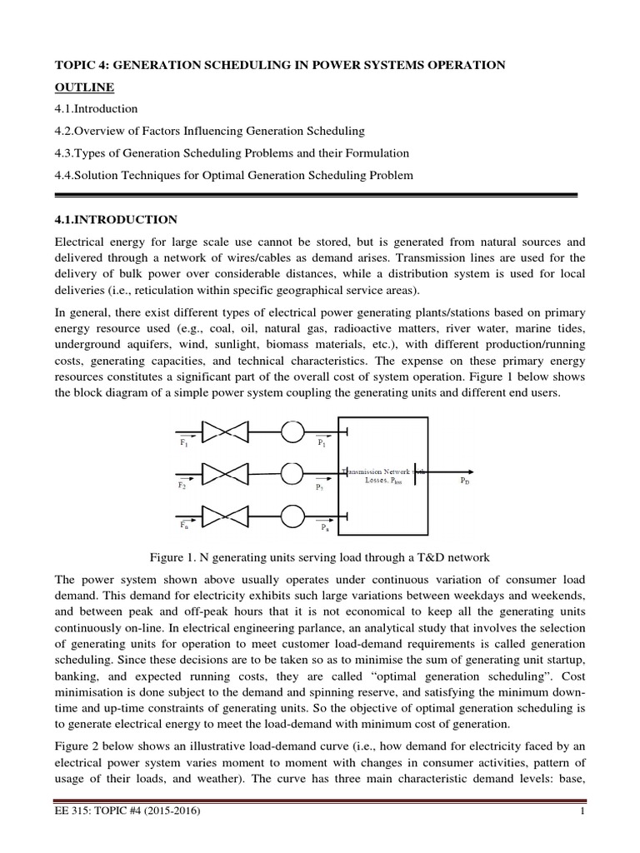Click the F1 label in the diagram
point(183,445)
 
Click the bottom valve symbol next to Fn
point(225,516)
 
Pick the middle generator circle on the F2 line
point(292,473)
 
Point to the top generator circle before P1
point(292,431)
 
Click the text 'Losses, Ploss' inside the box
point(384,481)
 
